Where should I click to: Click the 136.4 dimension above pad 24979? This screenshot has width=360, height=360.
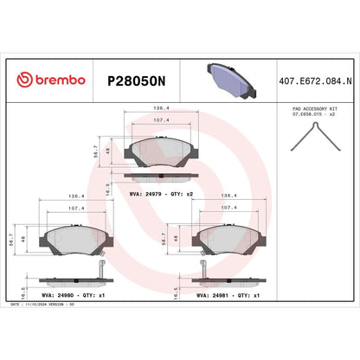pyautogui.click(x=160, y=109)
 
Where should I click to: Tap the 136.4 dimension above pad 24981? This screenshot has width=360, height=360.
pyautogui.click(x=229, y=196)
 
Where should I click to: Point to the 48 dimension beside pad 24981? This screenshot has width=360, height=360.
pyautogui.click(x=178, y=236)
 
